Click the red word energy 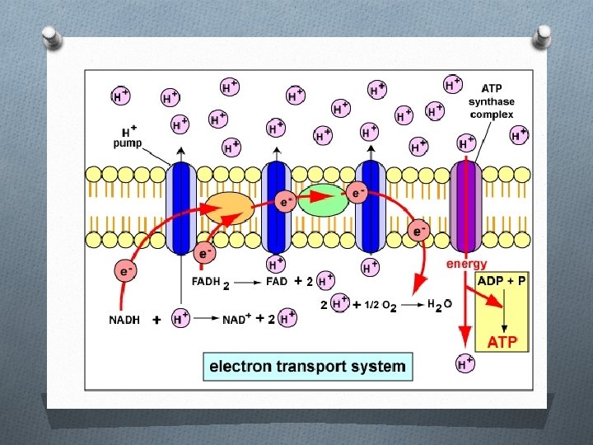pyautogui.click(x=466, y=264)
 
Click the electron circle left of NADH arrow pyautogui.click(x=125, y=269)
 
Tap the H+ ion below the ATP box pyautogui.click(x=466, y=363)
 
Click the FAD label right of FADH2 pyautogui.click(x=276, y=281)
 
